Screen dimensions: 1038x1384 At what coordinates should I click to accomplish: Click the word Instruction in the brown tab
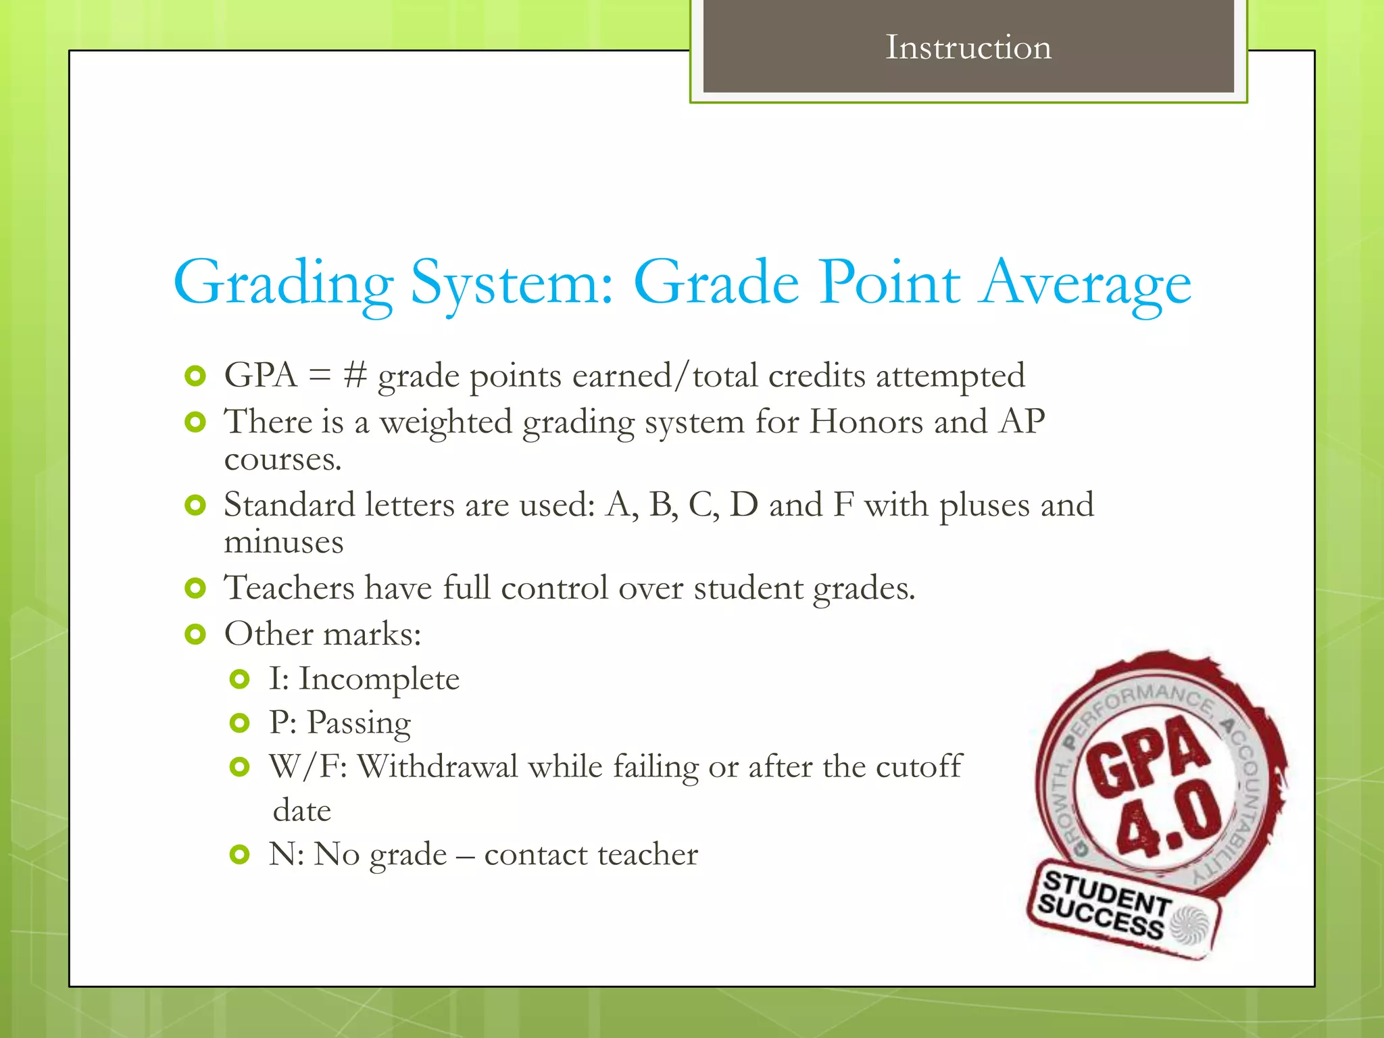tap(968, 47)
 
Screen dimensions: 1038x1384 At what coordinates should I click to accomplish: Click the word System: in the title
tap(512, 284)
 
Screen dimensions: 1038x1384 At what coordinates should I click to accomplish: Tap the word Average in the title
tap(1086, 284)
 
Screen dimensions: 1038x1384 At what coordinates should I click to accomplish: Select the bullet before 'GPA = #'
tap(195, 376)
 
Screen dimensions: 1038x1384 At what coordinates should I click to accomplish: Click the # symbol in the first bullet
tap(354, 376)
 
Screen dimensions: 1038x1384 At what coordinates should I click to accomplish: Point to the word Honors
tap(866, 422)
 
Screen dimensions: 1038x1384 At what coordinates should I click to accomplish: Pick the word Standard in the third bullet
tap(289, 505)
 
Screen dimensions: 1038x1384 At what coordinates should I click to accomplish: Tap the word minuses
tap(284, 543)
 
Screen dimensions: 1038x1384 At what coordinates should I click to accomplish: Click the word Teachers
tap(289, 588)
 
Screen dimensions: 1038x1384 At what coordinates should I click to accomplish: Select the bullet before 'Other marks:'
tap(195, 635)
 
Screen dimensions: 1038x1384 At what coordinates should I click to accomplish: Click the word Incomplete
tap(379, 679)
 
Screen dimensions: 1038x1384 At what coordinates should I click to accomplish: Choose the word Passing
tap(359, 724)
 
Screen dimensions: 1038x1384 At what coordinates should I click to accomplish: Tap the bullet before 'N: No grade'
tap(239, 855)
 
